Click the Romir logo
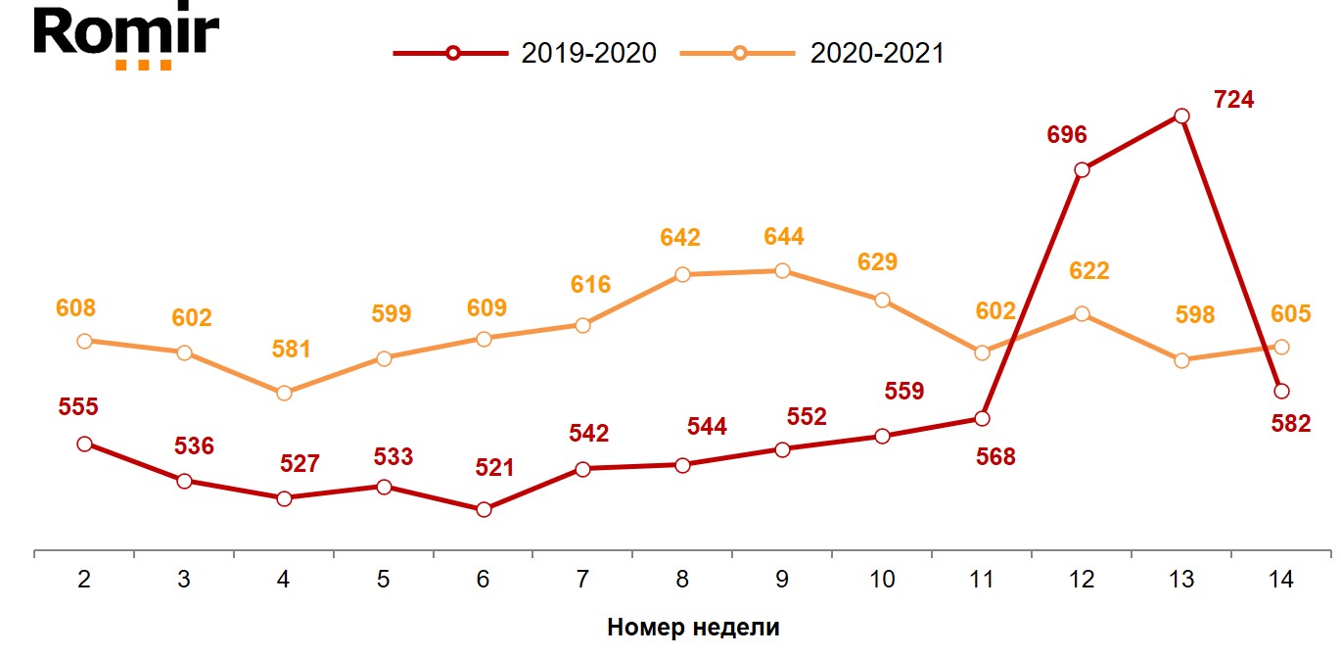click(126, 37)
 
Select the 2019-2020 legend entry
click(525, 53)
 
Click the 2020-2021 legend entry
click(812, 53)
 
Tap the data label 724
click(1233, 100)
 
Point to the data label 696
click(1067, 135)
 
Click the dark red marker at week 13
click(1181, 116)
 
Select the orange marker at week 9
click(782, 270)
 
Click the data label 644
click(783, 237)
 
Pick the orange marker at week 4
click(284, 393)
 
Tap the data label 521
click(494, 468)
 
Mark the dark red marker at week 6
click(484, 509)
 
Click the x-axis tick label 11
click(982, 580)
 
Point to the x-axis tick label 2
click(84, 580)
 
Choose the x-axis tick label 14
click(1280, 580)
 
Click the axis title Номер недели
click(693, 628)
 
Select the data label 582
click(1290, 424)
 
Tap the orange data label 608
click(76, 308)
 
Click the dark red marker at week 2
click(84, 444)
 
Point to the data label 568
click(995, 456)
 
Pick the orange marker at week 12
click(1082, 313)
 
